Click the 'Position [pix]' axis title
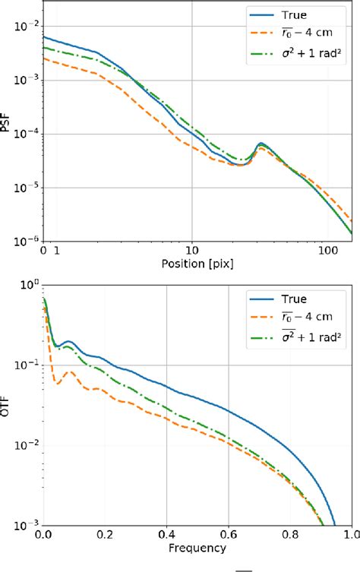[x=197, y=264]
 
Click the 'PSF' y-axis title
[x=6, y=123]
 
